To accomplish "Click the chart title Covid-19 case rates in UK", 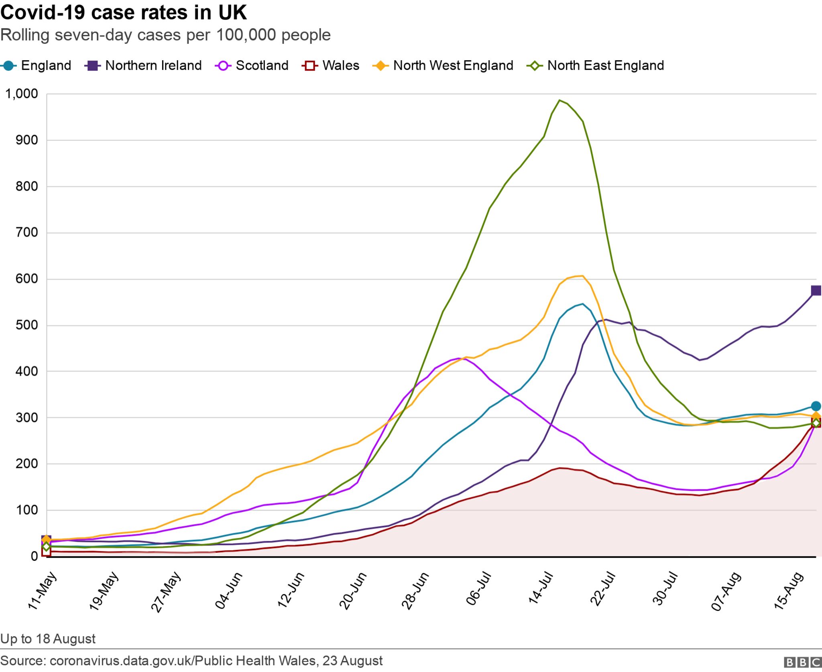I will (123, 13).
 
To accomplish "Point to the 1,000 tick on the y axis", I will (22, 94).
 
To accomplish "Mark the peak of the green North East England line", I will (560, 100).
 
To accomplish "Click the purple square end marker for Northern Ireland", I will (816, 290).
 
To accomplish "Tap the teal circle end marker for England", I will (816, 406).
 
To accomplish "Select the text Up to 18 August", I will (48, 638).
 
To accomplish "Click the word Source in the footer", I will (23, 660).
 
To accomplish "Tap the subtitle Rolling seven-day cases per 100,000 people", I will (165, 35).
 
